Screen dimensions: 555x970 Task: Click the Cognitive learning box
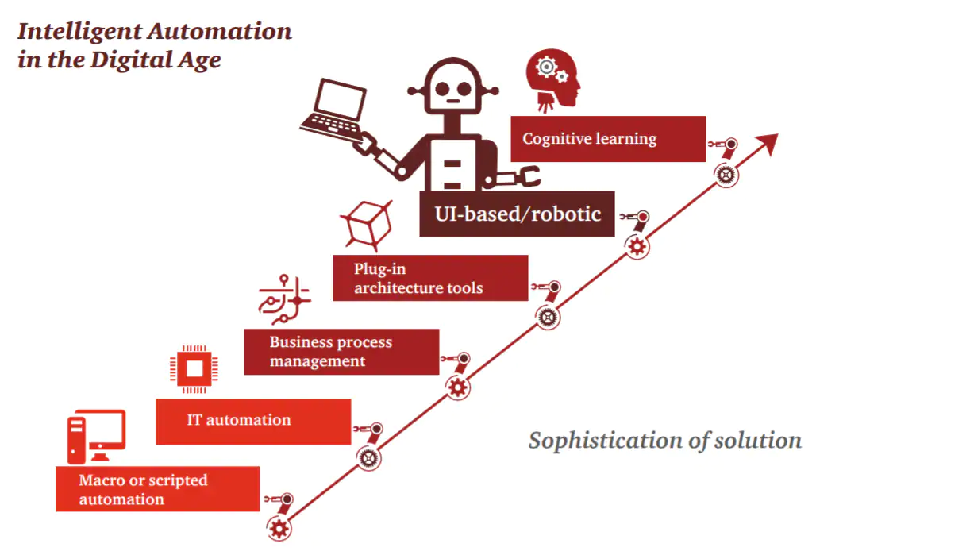tap(607, 139)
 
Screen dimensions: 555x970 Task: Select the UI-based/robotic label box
tap(517, 214)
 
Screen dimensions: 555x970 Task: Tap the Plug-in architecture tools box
tap(430, 278)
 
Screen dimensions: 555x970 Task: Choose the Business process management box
tap(341, 352)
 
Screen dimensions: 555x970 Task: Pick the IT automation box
tap(252, 421)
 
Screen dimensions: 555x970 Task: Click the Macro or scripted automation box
tap(157, 489)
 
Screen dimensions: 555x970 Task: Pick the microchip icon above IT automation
tap(193, 368)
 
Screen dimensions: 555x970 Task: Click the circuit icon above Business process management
tap(284, 299)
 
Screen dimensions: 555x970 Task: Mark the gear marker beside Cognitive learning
tap(726, 174)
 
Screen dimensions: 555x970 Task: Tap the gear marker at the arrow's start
tap(278, 527)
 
